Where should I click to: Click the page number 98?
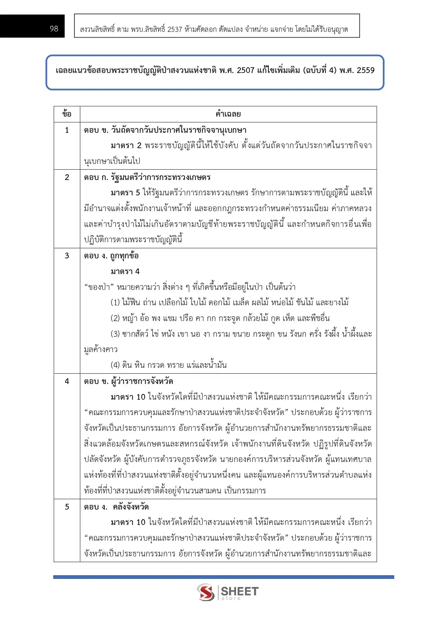(54, 29)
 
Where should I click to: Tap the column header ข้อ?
(67, 114)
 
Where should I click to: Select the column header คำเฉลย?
(228, 114)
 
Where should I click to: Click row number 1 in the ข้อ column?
(67, 130)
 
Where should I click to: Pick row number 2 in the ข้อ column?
(67, 177)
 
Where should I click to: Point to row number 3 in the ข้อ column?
(67, 255)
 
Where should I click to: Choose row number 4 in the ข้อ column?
(67, 381)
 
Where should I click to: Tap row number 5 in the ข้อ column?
(67, 507)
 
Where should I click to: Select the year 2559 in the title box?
(365, 70)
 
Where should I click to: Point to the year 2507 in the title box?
(245, 70)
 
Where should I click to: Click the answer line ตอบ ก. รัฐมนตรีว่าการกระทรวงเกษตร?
(147, 177)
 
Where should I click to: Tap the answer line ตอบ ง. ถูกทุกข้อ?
(111, 255)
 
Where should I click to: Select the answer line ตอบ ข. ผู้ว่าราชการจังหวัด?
(128, 381)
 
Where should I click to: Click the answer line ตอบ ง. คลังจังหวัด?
(116, 507)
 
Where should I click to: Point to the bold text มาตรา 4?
(125, 271)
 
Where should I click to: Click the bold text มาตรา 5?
(125, 193)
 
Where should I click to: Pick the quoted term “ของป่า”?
(99, 287)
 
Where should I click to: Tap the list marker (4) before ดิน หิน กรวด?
(115, 365)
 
